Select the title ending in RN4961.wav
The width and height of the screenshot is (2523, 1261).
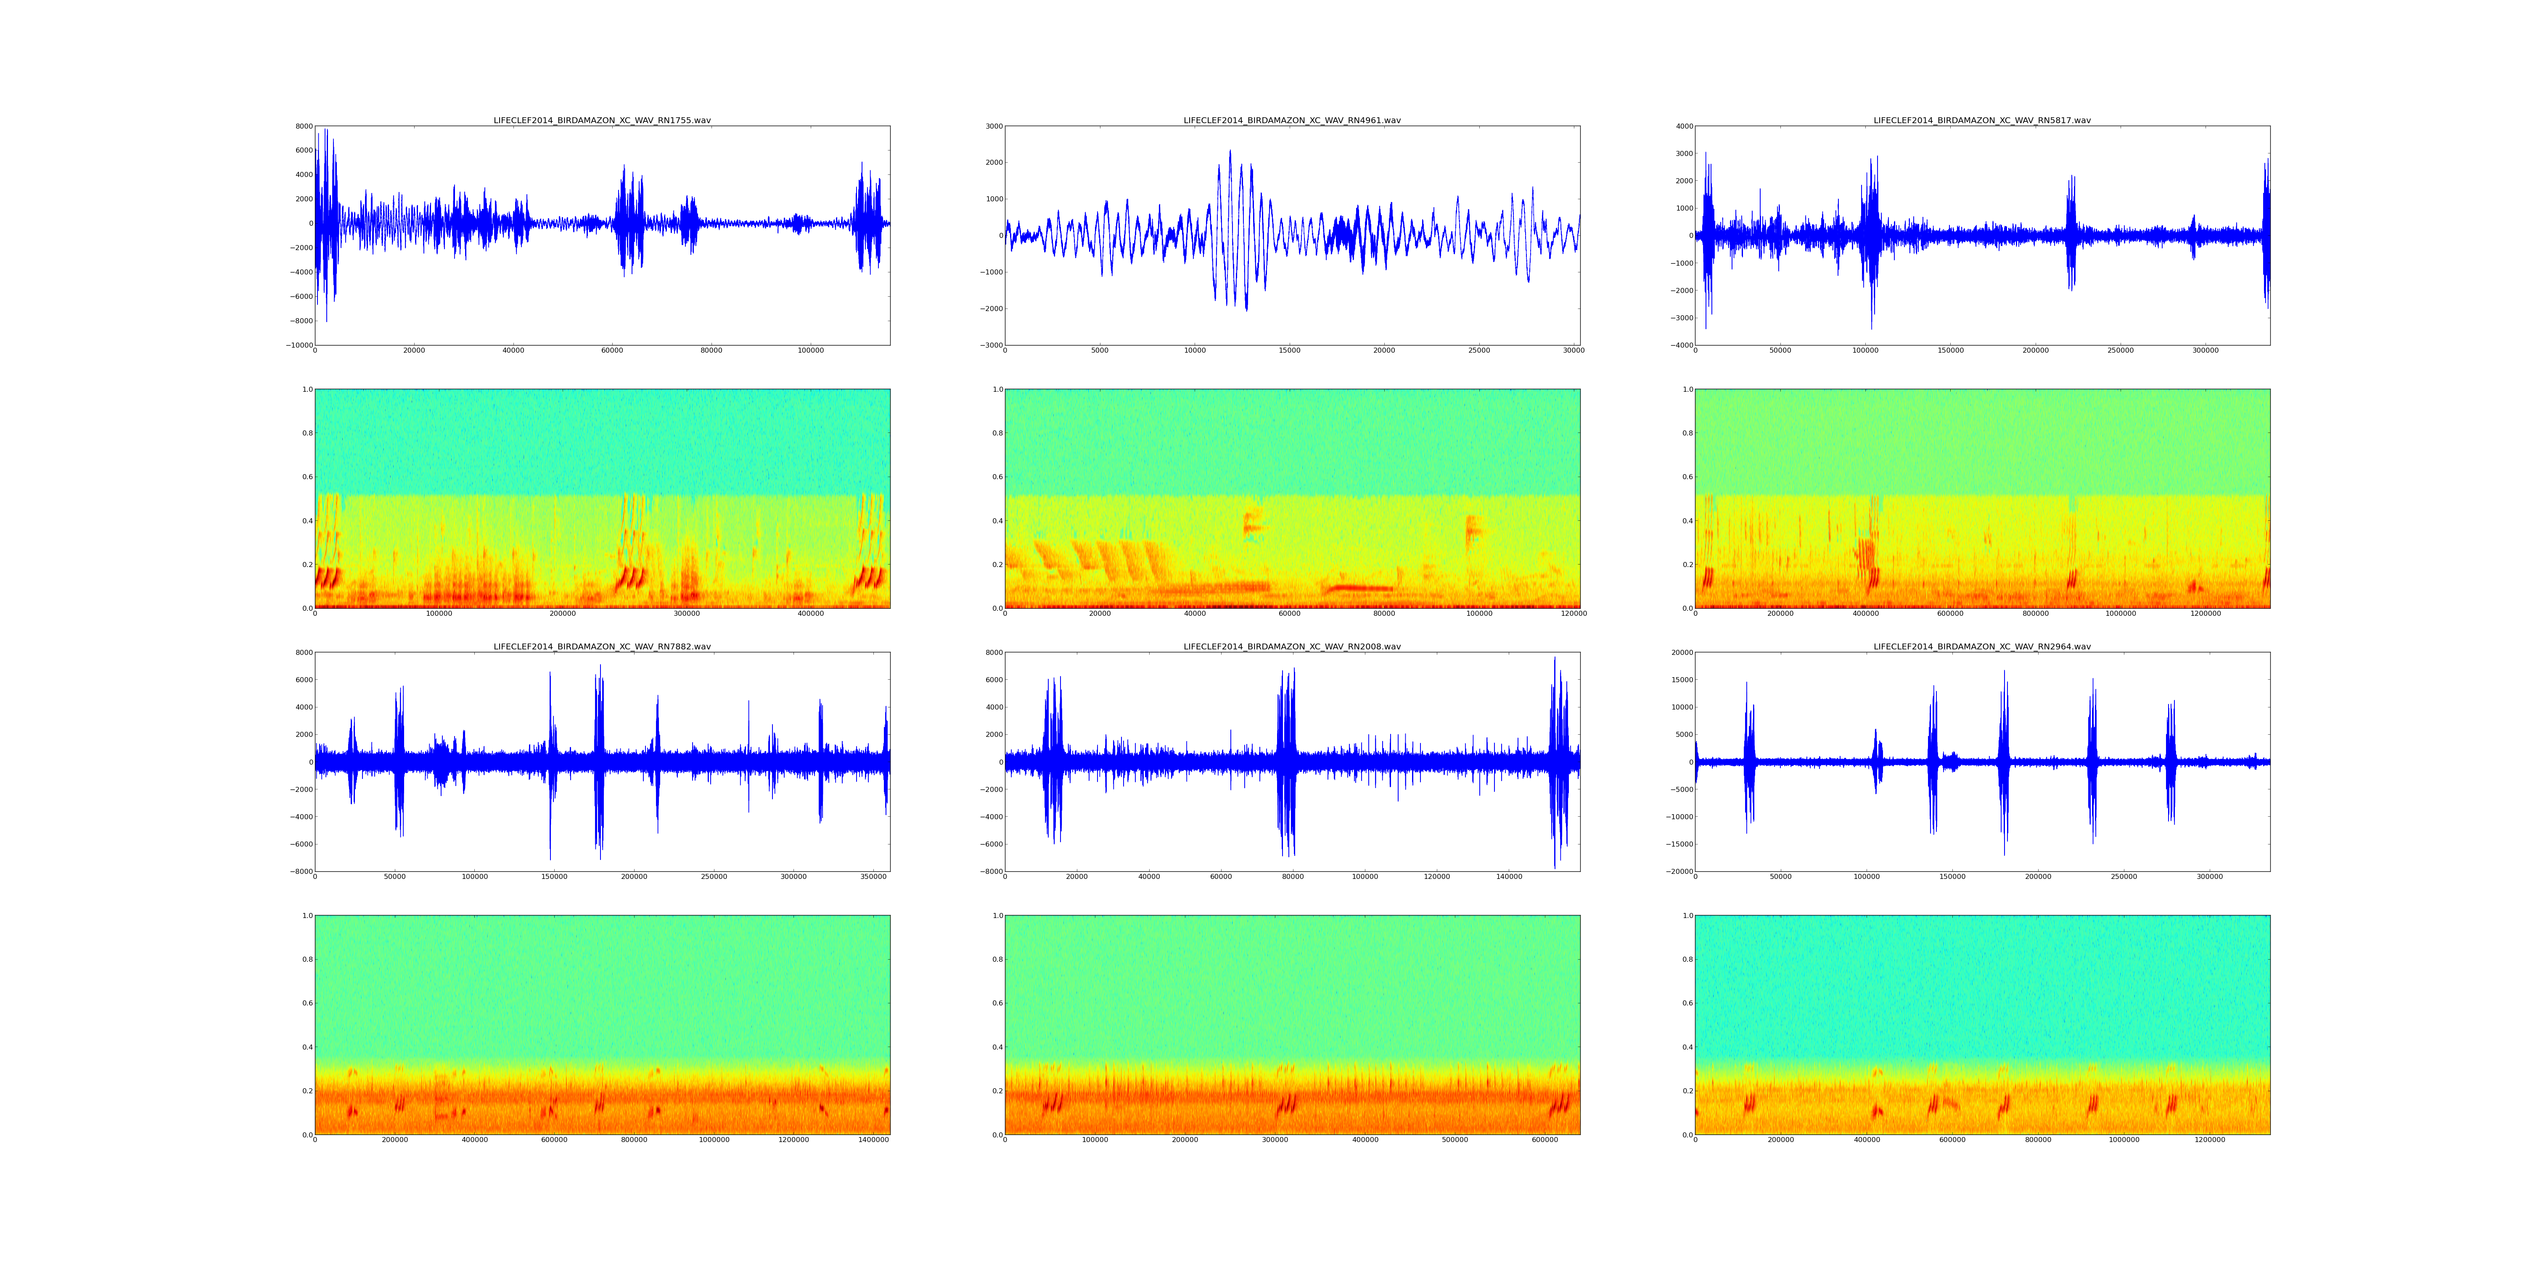[1292, 120]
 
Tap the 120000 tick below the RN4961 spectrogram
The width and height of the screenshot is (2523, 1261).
[1574, 614]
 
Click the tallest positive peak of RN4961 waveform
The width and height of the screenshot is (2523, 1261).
[1230, 151]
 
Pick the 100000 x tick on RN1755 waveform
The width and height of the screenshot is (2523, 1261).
[810, 351]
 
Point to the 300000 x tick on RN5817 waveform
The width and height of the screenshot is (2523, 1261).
[2206, 351]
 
